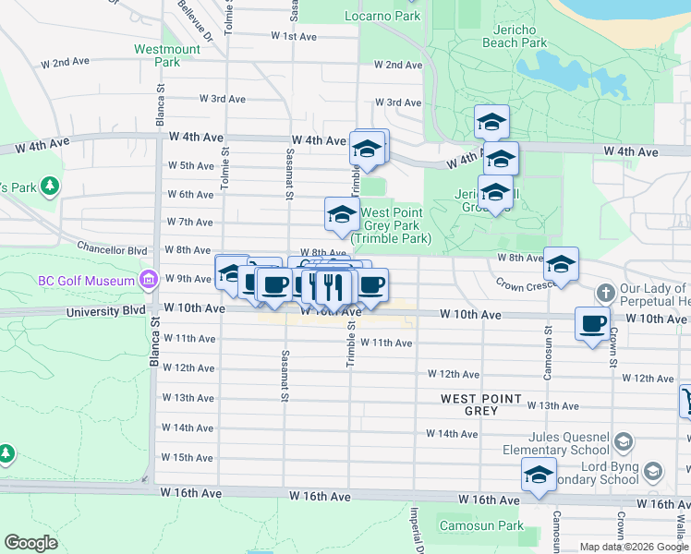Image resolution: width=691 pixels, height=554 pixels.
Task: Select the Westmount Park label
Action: [166, 55]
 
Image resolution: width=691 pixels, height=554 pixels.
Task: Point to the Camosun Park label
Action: [492, 525]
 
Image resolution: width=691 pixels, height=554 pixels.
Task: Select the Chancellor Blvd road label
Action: [113, 249]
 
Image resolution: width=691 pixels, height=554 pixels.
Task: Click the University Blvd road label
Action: [106, 311]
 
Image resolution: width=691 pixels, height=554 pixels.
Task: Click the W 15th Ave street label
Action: [188, 457]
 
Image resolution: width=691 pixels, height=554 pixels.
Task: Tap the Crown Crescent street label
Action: [522, 284]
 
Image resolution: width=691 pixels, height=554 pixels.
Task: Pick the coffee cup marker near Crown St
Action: [592, 324]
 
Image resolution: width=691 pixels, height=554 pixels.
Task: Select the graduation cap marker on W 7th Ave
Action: [341, 215]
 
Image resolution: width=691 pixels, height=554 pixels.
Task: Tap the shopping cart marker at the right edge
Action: [686, 401]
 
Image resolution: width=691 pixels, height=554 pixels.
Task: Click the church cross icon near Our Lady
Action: [605, 294]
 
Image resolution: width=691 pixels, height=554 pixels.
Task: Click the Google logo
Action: [31, 543]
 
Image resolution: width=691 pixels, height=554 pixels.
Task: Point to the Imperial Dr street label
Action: [416, 531]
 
